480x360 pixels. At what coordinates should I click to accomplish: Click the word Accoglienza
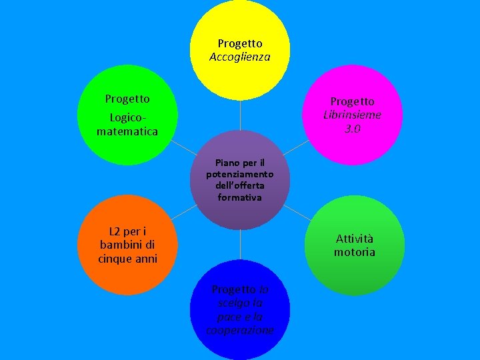click(x=240, y=57)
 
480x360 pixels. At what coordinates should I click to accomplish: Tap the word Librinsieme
click(x=353, y=115)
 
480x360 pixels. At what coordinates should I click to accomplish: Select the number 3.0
click(x=353, y=128)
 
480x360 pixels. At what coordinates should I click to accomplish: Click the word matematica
click(x=127, y=132)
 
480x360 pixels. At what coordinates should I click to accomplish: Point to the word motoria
click(x=355, y=253)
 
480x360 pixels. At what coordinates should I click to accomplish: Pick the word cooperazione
click(x=240, y=331)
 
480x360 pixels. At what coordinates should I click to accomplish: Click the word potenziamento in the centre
click(x=240, y=174)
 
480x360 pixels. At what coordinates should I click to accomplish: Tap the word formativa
click(x=240, y=198)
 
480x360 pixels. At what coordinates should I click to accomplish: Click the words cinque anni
click(x=127, y=259)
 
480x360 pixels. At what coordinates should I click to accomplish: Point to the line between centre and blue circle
click(x=240, y=245)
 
